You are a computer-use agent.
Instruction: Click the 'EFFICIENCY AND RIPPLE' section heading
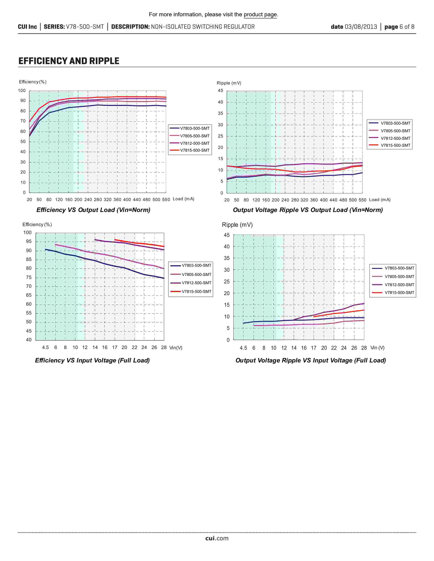69,61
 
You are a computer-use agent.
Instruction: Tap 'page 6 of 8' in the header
399,27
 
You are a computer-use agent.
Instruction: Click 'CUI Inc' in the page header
27,27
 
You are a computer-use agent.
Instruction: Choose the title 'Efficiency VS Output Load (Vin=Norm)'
93,210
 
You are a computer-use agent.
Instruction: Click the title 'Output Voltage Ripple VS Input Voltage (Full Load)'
311,360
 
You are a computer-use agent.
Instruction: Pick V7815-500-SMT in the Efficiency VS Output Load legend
195,150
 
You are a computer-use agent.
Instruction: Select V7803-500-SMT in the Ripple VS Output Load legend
395,123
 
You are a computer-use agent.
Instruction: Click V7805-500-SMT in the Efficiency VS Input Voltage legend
196,275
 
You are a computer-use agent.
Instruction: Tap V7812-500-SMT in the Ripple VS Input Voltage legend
399,285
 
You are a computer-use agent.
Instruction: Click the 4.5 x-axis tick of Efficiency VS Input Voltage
45,347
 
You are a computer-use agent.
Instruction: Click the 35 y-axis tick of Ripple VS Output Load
221,113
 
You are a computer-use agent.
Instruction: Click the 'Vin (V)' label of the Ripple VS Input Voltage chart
377,348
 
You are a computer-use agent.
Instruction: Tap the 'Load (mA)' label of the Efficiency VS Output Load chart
183,199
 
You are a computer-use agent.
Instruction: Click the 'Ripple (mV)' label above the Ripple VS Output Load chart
229,83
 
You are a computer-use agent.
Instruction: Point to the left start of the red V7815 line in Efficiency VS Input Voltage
115,240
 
